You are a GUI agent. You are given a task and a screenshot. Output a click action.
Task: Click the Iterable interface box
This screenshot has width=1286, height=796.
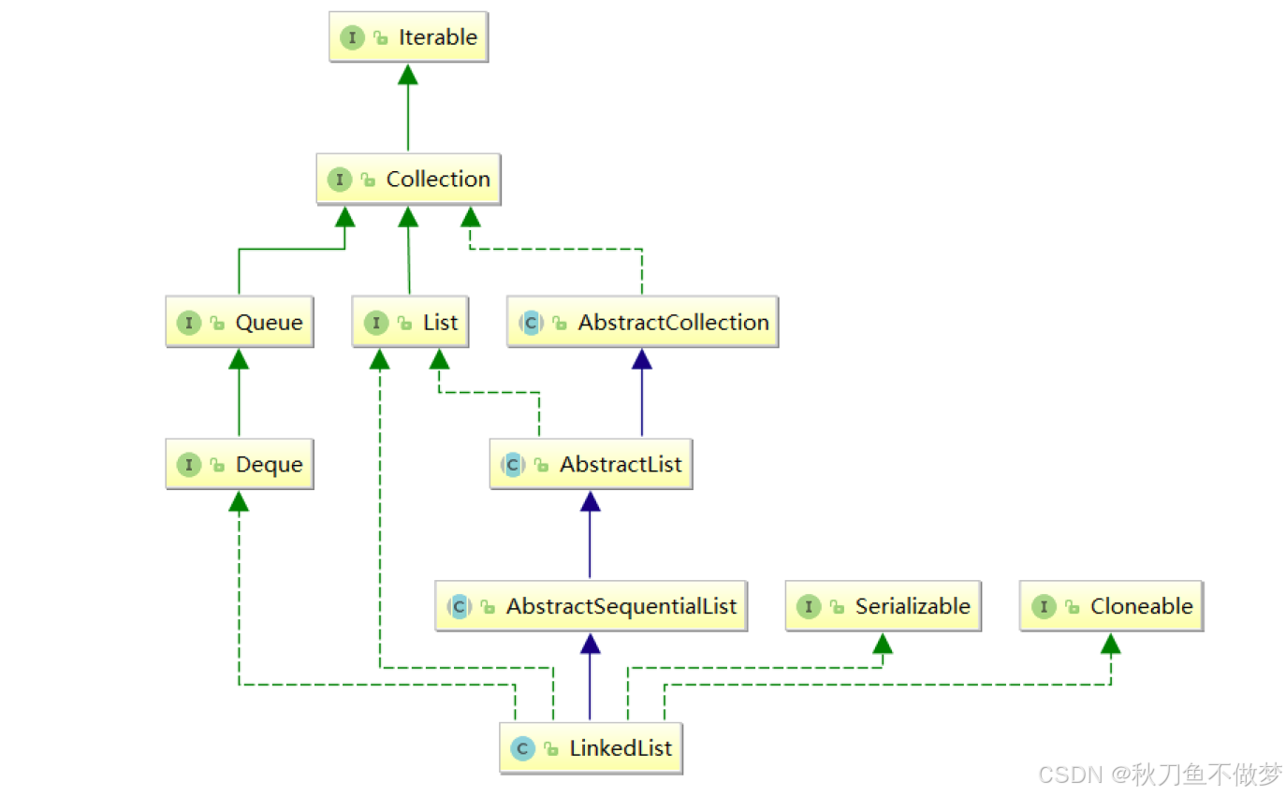(409, 38)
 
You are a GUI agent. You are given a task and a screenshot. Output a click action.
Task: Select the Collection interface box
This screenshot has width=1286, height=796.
(408, 180)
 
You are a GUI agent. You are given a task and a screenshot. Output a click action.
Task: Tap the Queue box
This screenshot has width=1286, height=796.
(240, 323)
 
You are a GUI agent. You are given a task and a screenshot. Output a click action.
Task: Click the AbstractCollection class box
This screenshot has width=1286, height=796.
(643, 323)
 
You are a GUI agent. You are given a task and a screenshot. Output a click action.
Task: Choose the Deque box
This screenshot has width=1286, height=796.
(240, 465)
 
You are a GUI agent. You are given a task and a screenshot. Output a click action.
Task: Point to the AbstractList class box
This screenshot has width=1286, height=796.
(591, 465)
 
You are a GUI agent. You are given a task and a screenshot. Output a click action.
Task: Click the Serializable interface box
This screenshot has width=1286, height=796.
(884, 606)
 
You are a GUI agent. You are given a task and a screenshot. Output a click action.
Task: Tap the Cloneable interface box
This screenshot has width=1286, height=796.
(1112, 606)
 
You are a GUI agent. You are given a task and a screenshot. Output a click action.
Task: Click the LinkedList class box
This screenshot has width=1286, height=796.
(591, 748)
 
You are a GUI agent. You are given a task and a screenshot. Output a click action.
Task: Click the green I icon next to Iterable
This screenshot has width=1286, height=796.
(353, 38)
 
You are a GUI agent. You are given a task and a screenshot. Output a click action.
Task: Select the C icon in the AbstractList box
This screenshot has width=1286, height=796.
(512, 465)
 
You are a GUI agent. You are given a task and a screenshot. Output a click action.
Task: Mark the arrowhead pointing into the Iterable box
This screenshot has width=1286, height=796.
(407, 75)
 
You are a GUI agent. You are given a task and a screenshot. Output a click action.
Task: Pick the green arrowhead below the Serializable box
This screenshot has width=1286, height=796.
(882, 643)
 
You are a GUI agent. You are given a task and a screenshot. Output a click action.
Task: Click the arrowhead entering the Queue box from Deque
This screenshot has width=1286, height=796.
(239, 359)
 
